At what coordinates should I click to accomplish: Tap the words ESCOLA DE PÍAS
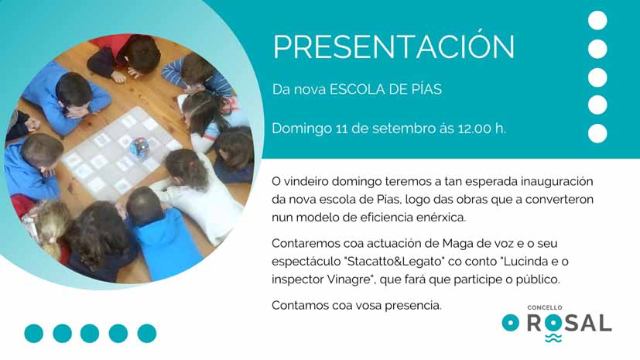[x=385, y=89]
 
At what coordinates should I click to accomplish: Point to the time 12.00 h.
[x=482, y=129]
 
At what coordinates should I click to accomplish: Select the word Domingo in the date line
[x=302, y=129]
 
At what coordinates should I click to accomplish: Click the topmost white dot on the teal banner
[x=597, y=20]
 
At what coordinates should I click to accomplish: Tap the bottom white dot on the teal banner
[x=597, y=133]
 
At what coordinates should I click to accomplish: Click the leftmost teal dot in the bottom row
[x=34, y=334]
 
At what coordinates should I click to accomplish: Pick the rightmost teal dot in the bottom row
[x=147, y=334]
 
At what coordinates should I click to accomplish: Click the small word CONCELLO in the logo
[x=545, y=307]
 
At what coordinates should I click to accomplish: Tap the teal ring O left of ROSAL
[x=511, y=323]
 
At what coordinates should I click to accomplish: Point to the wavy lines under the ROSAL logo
[x=553, y=338]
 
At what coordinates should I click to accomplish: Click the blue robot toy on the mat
[x=139, y=147]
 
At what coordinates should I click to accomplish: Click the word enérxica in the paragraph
[x=441, y=217]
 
